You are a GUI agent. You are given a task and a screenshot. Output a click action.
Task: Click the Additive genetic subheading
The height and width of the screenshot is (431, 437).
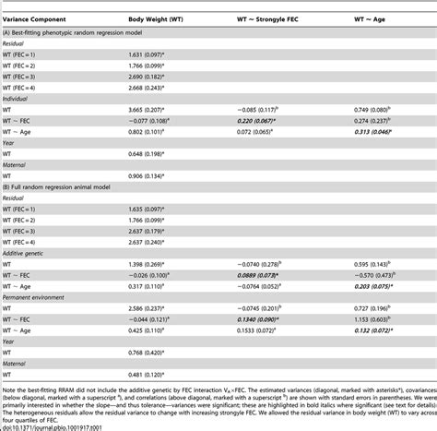pyautogui.click(x=31, y=255)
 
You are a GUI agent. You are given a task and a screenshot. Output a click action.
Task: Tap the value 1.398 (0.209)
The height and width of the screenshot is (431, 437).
pyautogui.click(x=153, y=265)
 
